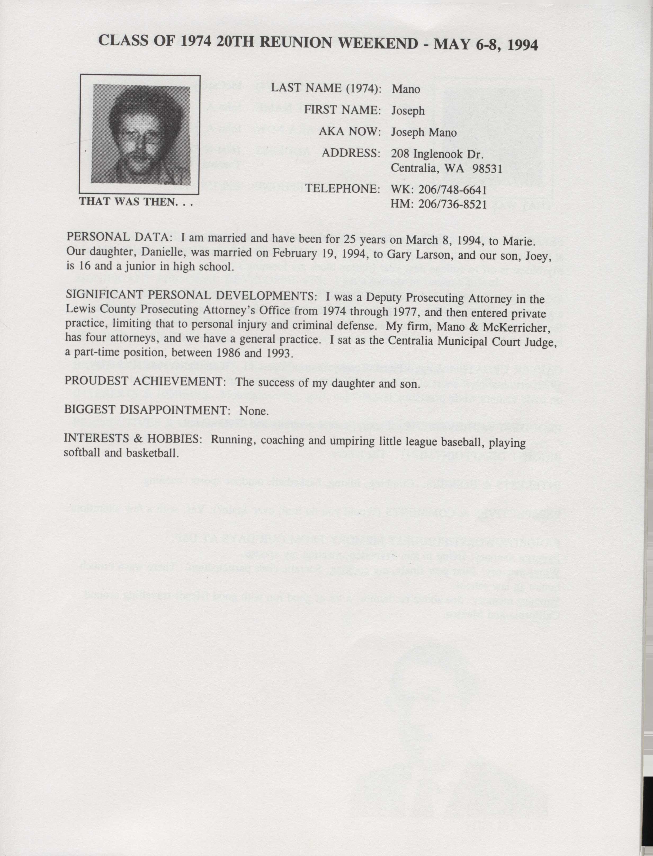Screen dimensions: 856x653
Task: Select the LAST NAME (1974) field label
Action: click(326, 88)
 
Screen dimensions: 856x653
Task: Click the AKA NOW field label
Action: click(349, 132)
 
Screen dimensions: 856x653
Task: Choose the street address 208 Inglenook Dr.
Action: click(437, 154)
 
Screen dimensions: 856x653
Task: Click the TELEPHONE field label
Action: click(342, 189)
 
